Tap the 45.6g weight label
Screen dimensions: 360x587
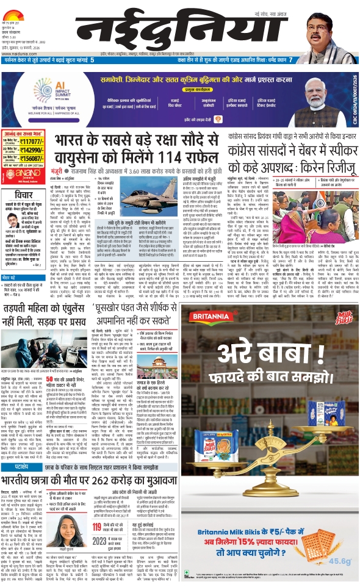[336, 575]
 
